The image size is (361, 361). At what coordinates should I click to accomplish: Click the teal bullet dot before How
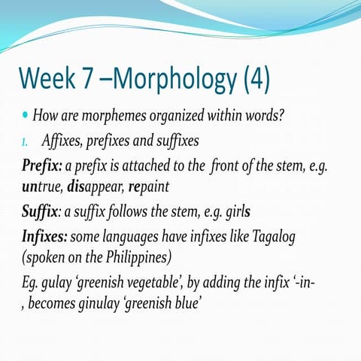tap(26, 117)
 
